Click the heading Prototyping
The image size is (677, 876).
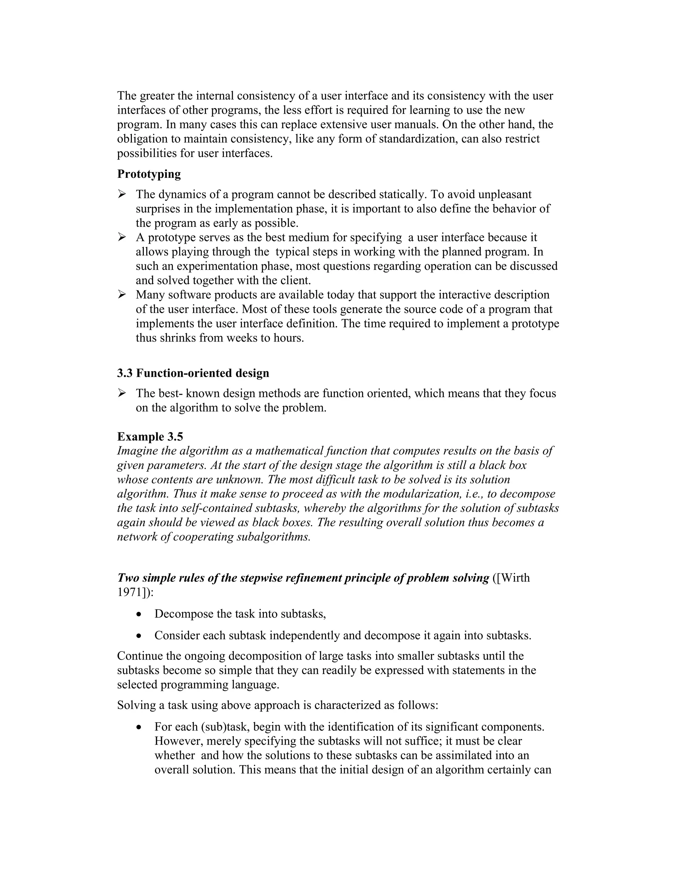(x=149, y=174)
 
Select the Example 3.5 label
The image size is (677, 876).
(x=150, y=436)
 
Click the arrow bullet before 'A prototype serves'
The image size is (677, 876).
(x=122, y=237)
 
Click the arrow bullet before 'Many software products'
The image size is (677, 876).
(x=122, y=295)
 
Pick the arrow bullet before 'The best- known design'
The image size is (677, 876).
(x=122, y=393)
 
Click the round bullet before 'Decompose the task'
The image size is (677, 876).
(x=139, y=615)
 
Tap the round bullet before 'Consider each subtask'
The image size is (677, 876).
(x=139, y=636)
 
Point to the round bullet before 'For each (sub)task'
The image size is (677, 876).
(x=139, y=727)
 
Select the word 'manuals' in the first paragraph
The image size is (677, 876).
(x=418, y=124)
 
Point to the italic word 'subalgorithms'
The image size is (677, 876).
(x=273, y=537)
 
